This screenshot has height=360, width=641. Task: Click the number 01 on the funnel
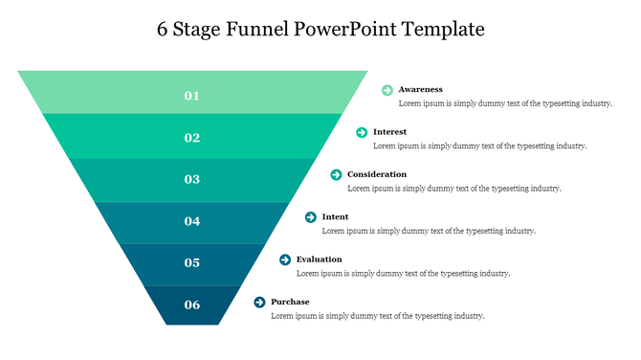tap(192, 96)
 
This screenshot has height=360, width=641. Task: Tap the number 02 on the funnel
tap(192, 138)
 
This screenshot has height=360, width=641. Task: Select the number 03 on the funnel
tap(192, 179)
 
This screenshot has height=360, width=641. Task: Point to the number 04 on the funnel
tap(192, 221)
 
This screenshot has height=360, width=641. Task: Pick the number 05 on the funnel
tap(192, 263)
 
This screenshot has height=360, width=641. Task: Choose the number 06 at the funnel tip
tap(192, 305)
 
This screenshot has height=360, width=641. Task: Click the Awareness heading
tap(420, 89)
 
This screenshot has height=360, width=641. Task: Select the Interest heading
tap(390, 132)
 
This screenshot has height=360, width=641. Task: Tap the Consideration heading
tap(377, 174)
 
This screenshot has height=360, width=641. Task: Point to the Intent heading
tap(335, 217)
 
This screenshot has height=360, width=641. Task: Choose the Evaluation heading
tap(319, 259)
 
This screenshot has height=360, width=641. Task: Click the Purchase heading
tap(290, 302)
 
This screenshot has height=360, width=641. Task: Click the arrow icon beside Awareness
tap(387, 90)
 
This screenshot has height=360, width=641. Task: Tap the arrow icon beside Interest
tap(362, 132)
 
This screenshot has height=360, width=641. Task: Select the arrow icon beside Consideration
tap(337, 174)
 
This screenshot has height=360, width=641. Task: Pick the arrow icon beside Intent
tap(311, 217)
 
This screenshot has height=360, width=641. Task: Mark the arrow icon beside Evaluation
tap(285, 259)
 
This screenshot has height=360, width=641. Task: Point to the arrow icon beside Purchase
tap(259, 303)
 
